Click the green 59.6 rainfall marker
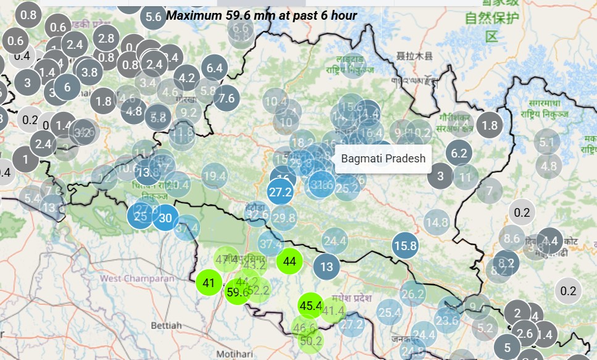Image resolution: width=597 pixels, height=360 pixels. (x=237, y=292)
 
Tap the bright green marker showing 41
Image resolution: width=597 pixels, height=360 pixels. (x=209, y=283)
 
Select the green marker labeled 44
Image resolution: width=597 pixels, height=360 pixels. (x=290, y=261)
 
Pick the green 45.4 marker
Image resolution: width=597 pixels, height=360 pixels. (x=311, y=306)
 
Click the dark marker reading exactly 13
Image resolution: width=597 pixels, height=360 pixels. (x=327, y=267)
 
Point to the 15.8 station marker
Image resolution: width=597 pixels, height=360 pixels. (x=406, y=246)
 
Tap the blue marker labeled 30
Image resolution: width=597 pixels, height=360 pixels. (x=165, y=217)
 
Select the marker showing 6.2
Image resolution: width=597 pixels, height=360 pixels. (x=459, y=153)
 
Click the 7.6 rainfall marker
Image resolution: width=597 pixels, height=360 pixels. (x=227, y=97)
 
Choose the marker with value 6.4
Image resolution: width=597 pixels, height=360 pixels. (x=215, y=68)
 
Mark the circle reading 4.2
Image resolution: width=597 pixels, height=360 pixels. (x=186, y=78)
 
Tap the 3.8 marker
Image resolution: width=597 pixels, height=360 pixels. (x=90, y=72)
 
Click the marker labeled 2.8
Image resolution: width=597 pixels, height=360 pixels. (x=106, y=38)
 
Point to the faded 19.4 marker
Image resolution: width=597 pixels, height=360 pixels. (x=214, y=177)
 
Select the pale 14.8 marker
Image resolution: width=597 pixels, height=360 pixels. (x=436, y=222)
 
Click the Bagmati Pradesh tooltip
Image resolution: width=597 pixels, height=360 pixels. (x=383, y=159)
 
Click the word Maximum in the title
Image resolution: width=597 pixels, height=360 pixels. (x=191, y=14)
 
